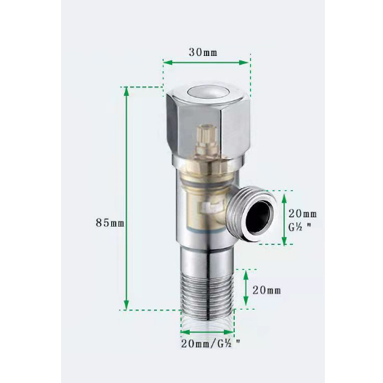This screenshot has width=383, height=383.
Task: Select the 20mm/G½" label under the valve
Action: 209,343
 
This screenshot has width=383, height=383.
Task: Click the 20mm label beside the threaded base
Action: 267,291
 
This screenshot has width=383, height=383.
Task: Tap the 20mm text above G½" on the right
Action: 302,213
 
